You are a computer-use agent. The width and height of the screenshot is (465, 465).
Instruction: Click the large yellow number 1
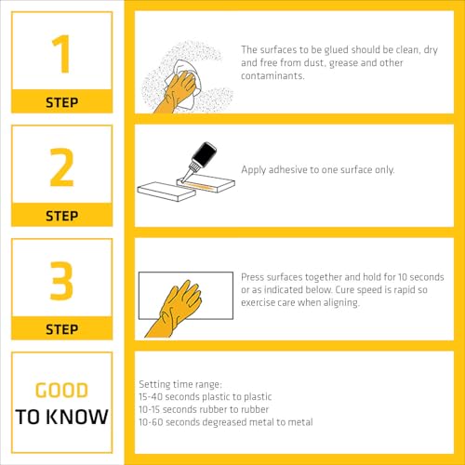62,54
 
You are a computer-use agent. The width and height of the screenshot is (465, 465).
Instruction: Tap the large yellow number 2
61,167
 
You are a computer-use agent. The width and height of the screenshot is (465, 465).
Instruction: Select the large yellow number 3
61,281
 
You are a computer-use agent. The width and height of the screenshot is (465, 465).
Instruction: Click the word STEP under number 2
62,216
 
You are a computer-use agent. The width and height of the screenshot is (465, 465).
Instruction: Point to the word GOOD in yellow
62,391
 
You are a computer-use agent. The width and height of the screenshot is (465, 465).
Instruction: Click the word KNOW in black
78,417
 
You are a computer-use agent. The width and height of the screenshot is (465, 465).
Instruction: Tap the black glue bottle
201,156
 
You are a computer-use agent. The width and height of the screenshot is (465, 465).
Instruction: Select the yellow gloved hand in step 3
174,309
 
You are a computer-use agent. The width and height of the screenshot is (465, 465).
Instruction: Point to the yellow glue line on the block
199,186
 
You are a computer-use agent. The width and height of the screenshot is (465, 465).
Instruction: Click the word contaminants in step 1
272,75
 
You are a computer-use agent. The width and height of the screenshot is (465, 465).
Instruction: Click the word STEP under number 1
62,102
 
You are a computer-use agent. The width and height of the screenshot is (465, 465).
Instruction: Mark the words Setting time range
180,384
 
